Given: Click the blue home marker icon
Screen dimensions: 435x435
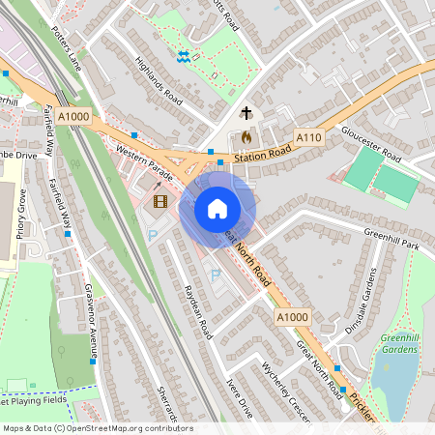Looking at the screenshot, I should tap(217, 209).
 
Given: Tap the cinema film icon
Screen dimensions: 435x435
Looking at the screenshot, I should tap(159, 202).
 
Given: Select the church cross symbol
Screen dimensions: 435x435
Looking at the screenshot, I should tap(246, 113).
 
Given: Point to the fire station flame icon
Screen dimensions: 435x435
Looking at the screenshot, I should tap(246, 137).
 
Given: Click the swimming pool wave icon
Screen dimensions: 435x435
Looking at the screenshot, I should tap(184, 57).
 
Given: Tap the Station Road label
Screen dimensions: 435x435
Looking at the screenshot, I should tap(261, 152).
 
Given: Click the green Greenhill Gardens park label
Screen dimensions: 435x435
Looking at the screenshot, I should tap(404, 344).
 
